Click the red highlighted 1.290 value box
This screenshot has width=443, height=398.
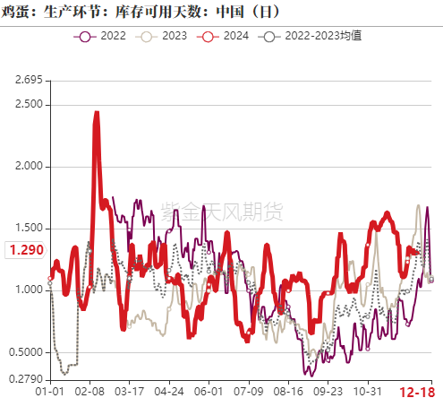(23, 251)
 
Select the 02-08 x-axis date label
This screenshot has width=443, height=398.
(90, 391)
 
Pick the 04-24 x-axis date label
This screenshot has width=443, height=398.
(169, 391)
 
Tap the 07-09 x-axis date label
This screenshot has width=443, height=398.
(248, 391)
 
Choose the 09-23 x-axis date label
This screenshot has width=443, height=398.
(327, 391)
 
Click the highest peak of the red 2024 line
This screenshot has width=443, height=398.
(96, 114)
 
